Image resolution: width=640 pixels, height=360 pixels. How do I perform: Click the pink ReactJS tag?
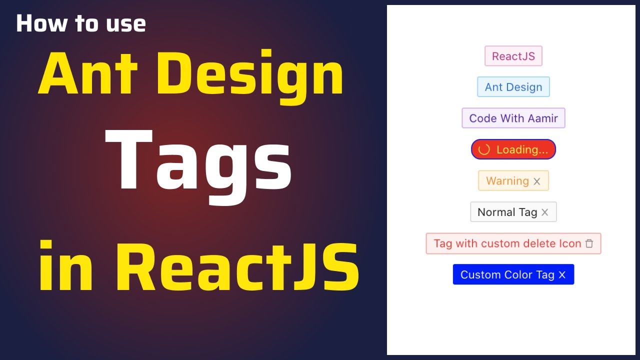(513, 56)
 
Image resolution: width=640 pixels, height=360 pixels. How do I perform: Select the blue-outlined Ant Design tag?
(513, 87)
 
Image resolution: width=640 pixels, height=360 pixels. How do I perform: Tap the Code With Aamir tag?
(513, 118)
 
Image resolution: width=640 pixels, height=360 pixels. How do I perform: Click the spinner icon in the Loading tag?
(484, 149)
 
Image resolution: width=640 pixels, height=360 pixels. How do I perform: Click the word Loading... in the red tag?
(522, 149)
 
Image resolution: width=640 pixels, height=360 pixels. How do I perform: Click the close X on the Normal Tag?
(545, 212)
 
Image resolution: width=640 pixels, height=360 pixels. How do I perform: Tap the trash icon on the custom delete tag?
(589, 243)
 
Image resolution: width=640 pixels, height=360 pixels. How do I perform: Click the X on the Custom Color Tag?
(562, 275)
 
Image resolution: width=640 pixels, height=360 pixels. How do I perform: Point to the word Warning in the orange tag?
(507, 181)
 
